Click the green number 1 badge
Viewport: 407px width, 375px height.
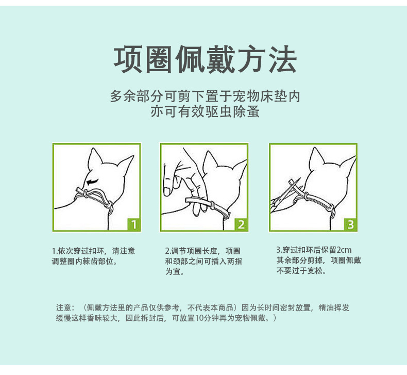coord(133,224)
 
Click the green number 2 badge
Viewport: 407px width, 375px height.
coord(241,224)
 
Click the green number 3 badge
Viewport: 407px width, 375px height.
coord(350,224)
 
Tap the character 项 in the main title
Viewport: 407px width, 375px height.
coord(128,59)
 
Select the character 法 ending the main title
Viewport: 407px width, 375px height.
coord(283,59)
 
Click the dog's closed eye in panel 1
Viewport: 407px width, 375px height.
coord(93,182)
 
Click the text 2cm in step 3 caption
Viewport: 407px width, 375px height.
coord(344,250)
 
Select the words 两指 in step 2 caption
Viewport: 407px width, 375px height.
coord(234,261)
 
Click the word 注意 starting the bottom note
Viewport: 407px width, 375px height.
coord(63,308)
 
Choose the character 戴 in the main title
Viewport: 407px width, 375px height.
coord(221,59)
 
